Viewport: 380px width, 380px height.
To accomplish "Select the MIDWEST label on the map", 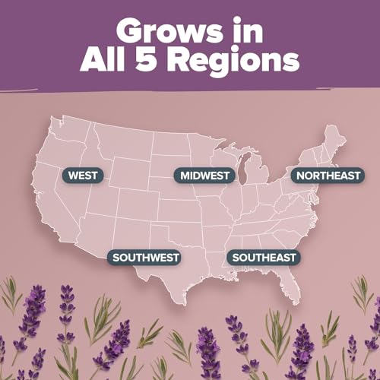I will (203, 176).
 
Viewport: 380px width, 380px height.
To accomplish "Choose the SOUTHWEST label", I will (146, 257).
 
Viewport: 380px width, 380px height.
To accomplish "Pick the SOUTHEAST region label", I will (264, 257).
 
